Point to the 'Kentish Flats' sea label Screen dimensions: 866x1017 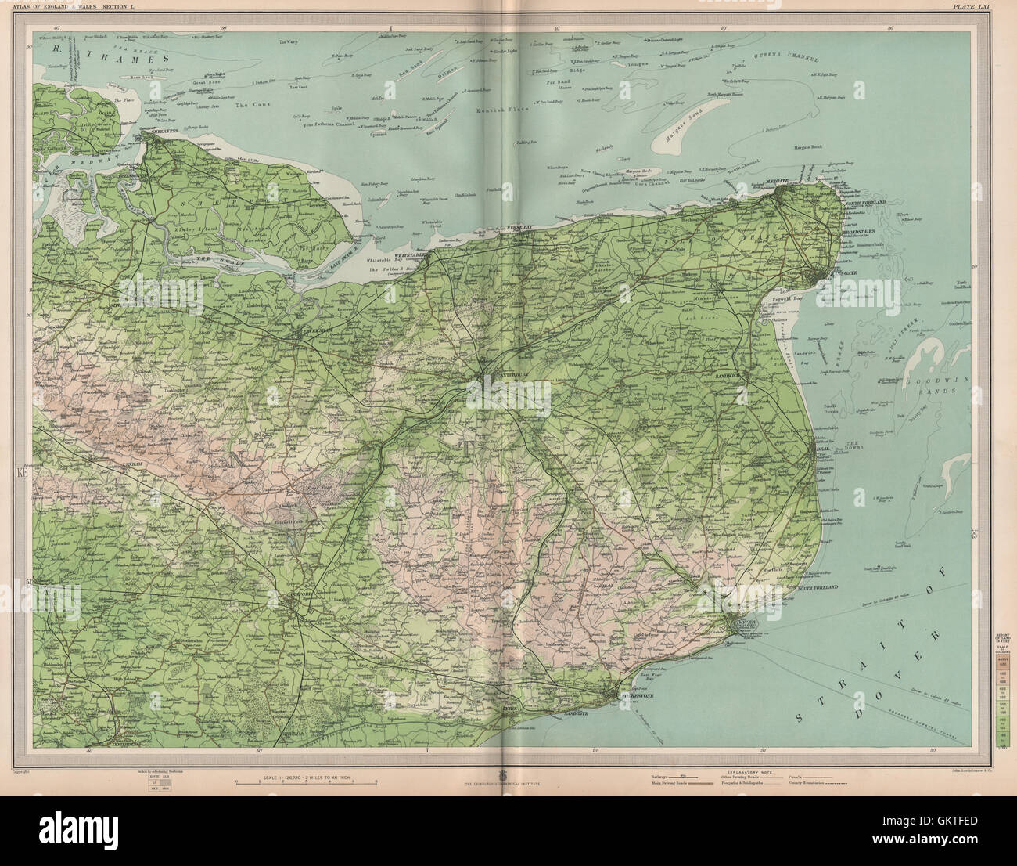pos(498,113)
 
